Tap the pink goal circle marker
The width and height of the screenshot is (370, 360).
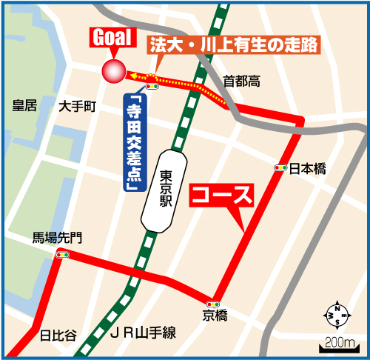click(x=114, y=72)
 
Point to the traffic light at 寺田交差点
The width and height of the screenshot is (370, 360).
click(x=153, y=87)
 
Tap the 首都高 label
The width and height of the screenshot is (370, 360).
click(x=241, y=81)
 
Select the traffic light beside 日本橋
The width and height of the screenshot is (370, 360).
click(x=280, y=168)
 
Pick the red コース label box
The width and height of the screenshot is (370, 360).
click(x=222, y=196)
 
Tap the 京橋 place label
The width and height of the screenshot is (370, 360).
click(x=215, y=316)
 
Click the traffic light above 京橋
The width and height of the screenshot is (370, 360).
click(x=214, y=303)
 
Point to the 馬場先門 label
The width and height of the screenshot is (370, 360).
click(x=57, y=238)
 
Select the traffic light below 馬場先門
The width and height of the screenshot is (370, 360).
click(x=62, y=254)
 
